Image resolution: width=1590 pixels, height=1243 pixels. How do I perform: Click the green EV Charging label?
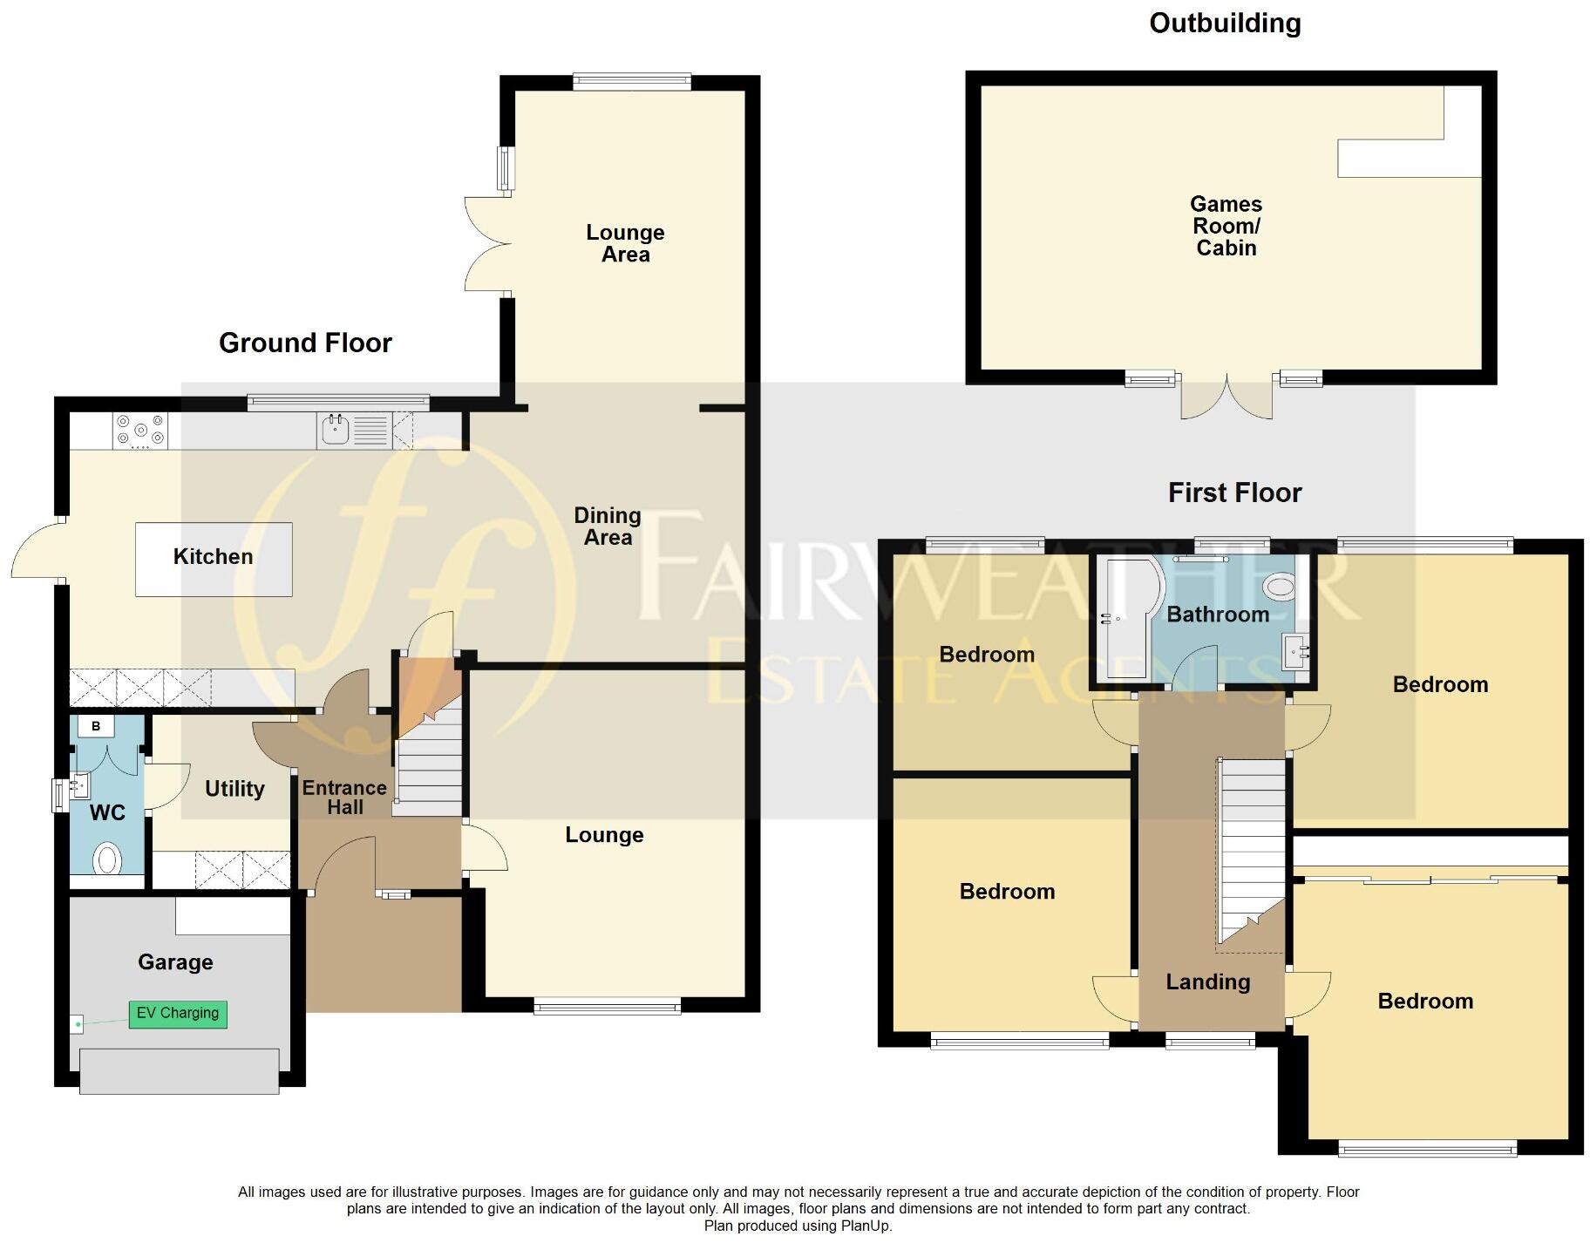pos(178,1013)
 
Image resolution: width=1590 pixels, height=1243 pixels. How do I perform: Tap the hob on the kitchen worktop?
pos(140,431)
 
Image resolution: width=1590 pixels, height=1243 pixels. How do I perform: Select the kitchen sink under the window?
pos(336,430)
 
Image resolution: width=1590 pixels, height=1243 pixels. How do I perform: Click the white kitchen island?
pos(214,559)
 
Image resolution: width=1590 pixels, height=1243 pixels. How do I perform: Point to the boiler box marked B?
pos(96,726)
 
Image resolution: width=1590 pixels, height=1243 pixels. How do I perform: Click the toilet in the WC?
pos(107,859)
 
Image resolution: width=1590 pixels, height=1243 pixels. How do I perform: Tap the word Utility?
pos(234,789)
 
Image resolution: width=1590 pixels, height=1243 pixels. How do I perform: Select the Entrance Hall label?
pos(344,797)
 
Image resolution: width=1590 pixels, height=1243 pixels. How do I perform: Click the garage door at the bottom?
pos(179,1070)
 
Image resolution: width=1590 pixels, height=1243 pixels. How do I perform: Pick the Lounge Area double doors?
pos(484,243)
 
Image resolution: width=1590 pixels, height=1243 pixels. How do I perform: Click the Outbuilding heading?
pos(1224,24)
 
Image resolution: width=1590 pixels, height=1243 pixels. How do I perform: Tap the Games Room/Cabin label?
pos(1226,226)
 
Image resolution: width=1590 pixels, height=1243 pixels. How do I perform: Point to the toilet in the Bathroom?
pos(1280,586)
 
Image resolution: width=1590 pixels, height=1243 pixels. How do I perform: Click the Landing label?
pos(1207,982)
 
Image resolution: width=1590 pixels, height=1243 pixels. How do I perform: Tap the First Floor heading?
pos(1234,493)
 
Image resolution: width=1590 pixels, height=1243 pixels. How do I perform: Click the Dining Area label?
pos(608,526)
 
